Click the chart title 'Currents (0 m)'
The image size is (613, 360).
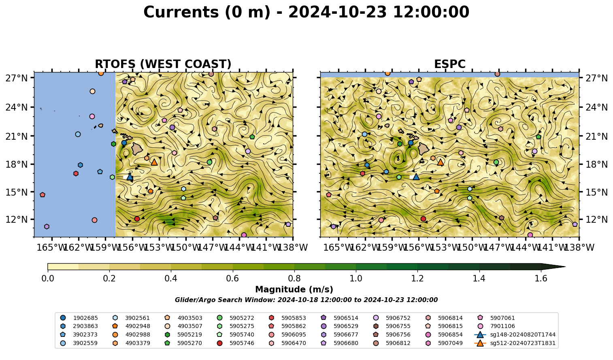point(207,13)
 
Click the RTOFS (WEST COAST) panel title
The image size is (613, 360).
point(163,64)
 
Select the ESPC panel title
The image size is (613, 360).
point(449,64)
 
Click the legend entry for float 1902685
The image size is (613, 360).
point(79,318)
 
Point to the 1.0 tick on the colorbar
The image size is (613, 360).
point(356,271)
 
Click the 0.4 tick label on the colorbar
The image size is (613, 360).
point(171,279)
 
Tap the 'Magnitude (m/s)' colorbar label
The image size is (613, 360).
point(294,290)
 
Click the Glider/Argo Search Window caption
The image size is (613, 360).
point(306,300)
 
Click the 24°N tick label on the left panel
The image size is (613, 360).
point(17,107)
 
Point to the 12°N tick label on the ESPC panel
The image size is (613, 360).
point(596,219)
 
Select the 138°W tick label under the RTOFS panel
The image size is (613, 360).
point(293,247)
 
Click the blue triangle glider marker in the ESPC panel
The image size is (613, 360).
point(416,177)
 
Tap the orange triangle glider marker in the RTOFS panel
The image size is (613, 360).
point(154,162)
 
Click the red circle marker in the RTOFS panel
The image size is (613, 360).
point(137,219)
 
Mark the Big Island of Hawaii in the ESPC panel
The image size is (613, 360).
point(424,149)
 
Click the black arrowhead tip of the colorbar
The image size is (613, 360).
point(565,266)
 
